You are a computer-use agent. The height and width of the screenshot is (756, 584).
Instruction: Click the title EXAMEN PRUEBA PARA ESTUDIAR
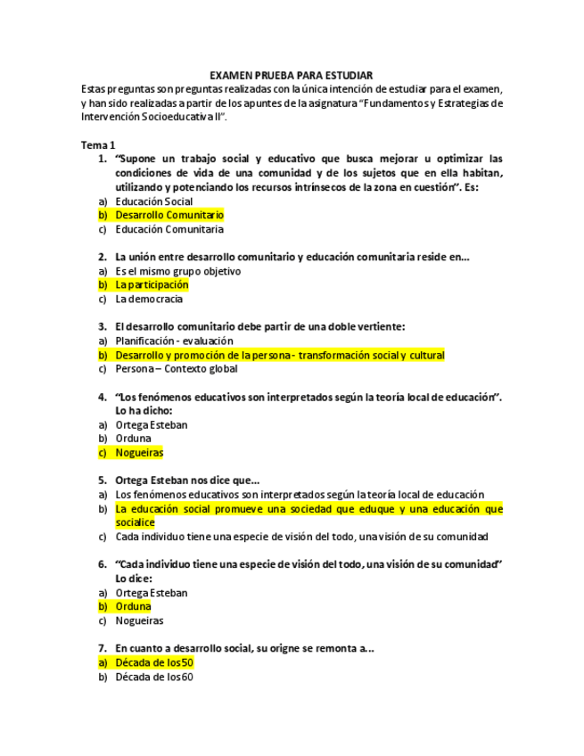pos(291,76)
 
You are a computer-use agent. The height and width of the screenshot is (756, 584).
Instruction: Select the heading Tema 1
pos(98,145)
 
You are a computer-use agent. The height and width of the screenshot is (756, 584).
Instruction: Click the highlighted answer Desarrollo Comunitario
pos(169,215)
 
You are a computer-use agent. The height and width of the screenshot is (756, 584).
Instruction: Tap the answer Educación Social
pos(154,201)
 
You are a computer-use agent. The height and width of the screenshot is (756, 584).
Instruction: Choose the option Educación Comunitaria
pos(169,229)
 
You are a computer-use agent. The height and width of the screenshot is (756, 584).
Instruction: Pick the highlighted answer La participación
pos(152,284)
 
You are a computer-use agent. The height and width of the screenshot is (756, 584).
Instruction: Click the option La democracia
pos(149,299)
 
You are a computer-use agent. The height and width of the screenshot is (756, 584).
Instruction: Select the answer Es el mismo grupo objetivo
pos(177,271)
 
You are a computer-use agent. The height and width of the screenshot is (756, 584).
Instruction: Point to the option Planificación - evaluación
pos(174,341)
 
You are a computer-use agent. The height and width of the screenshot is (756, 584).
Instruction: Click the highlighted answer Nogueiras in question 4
pos(139,452)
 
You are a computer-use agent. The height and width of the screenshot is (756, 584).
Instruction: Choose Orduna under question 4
pos(133,439)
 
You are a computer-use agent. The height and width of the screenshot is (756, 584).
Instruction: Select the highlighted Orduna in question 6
pos(133,606)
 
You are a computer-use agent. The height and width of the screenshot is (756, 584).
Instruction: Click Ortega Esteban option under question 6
pos(152,593)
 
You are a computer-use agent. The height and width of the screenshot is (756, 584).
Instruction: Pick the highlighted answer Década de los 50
pos(154,662)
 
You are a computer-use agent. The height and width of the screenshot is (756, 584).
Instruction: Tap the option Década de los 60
pos(154,677)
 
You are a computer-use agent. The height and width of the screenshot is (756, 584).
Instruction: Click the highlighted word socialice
pos(135,522)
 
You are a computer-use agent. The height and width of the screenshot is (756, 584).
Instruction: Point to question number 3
pos(103,327)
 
